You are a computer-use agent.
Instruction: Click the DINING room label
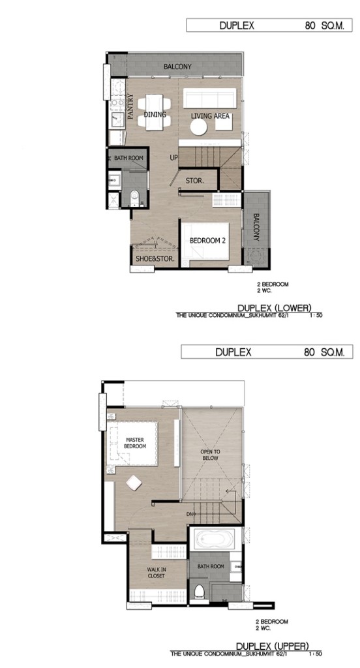(155, 115)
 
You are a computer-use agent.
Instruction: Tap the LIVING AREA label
(210, 116)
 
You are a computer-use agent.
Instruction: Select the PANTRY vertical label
(131, 106)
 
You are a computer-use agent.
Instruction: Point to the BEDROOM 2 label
(207, 241)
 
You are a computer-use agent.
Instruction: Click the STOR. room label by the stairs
(195, 181)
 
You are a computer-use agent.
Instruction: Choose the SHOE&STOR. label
(152, 258)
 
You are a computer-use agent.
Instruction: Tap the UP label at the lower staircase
(174, 158)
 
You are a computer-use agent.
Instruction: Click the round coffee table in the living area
(198, 127)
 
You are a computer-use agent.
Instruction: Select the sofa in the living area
(209, 99)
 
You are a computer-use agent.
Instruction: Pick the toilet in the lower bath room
(134, 198)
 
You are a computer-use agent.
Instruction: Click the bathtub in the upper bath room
(212, 539)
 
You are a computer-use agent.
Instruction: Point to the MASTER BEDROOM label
(135, 443)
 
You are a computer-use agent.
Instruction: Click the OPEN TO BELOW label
(211, 455)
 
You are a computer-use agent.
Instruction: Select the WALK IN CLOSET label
(156, 573)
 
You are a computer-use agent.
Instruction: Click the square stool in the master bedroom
(134, 483)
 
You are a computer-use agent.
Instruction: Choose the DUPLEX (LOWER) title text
(275, 308)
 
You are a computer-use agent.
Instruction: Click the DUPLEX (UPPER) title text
(273, 646)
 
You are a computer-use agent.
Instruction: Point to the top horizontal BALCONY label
(177, 67)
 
